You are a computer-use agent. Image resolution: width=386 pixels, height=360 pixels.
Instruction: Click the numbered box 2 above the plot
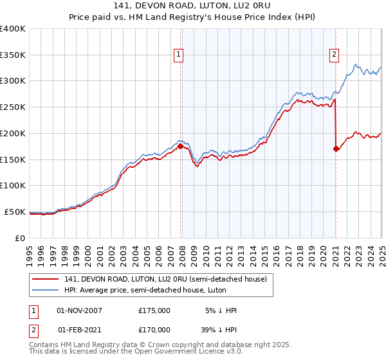pos(335,55)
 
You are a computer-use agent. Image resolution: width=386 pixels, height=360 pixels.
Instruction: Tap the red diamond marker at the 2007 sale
pos(180,146)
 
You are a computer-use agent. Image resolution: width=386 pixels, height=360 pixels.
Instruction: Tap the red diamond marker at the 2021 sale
pos(336,148)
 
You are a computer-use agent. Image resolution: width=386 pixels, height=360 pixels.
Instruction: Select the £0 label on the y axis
pos(21,238)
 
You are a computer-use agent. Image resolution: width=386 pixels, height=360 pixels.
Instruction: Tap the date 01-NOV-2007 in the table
pos(79,310)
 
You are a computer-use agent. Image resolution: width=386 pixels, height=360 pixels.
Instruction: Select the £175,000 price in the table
pos(154,310)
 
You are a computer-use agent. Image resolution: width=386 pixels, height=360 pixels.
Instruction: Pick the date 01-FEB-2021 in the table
pos(79,329)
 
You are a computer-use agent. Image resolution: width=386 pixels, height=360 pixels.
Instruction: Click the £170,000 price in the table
pos(154,329)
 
